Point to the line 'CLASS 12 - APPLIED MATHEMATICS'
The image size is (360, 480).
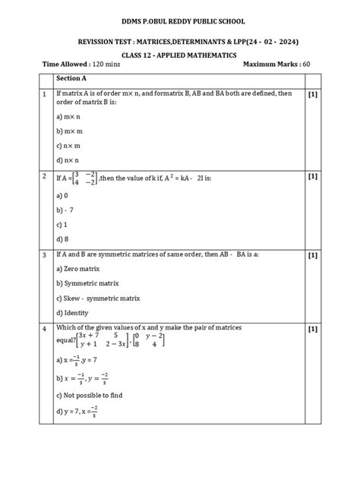(x=180, y=55)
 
